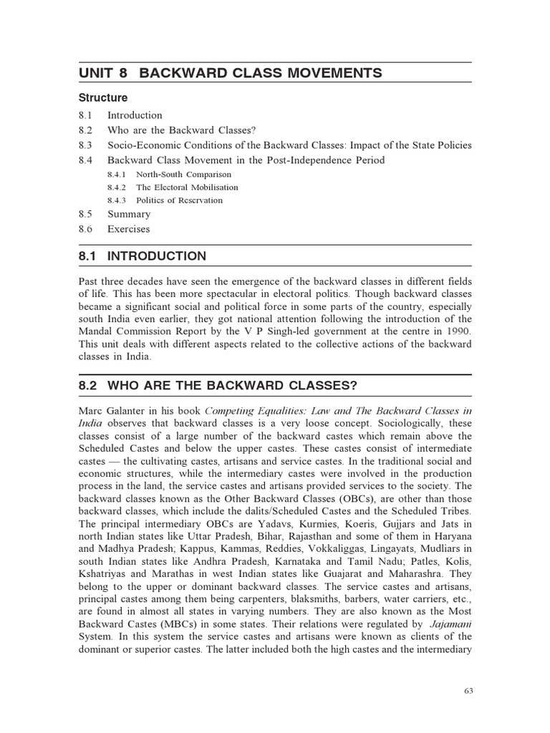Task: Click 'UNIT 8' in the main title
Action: [x=105, y=72]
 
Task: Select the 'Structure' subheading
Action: [x=103, y=97]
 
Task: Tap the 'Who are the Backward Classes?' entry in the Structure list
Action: [x=181, y=130]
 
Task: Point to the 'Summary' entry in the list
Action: [x=129, y=214]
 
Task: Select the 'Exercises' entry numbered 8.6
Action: [x=129, y=229]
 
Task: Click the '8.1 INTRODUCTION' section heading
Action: [x=142, y=256]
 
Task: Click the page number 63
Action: [x=468, y=690]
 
